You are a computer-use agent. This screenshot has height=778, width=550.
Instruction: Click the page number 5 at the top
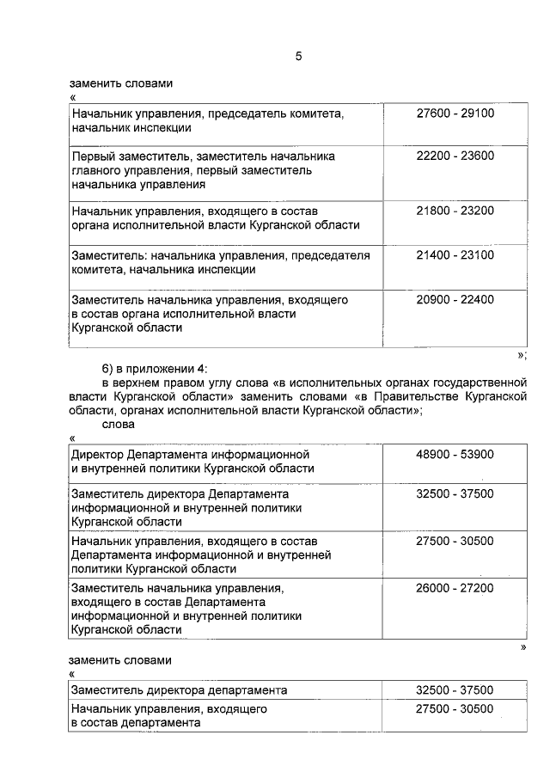(298, 57)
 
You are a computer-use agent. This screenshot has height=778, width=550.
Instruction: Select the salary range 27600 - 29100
(455, 113)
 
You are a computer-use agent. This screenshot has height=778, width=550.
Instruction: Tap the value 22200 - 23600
(455, 156)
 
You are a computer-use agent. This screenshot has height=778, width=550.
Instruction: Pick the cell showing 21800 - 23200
(455, 210)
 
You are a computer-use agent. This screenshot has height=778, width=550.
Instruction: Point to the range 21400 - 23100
(455, 255)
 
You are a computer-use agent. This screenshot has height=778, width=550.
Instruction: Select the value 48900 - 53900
(455, 454)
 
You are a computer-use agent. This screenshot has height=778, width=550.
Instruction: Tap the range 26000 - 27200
(455, 588)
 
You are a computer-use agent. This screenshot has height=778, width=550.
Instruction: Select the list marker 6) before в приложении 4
(108, 367)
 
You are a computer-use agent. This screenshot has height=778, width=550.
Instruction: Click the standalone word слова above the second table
(118, 425)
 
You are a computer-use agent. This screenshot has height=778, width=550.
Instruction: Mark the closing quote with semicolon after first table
(522, 355)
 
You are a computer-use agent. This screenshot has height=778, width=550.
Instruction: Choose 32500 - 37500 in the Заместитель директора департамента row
(455, 690)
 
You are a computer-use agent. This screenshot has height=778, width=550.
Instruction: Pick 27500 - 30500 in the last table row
(455, 709)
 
